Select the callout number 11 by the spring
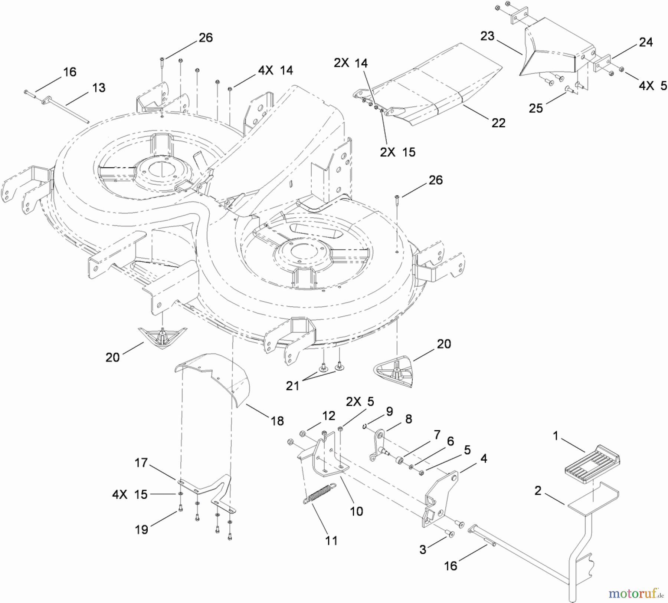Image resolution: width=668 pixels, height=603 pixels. pos(331,541)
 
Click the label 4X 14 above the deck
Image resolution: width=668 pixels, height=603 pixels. pos(275,70)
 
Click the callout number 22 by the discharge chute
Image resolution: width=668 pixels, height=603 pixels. pos(498,123)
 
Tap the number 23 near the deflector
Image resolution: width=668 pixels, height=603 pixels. pos(487,36)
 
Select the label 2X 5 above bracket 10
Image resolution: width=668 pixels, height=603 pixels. pos(360,402)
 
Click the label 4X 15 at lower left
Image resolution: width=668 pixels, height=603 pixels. pos(130,494)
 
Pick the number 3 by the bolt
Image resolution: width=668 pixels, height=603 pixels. pos(423,550)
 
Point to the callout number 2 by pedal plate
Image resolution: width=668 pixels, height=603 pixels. pos(538,491)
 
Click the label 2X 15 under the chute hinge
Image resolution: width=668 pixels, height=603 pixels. pos(397,152)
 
